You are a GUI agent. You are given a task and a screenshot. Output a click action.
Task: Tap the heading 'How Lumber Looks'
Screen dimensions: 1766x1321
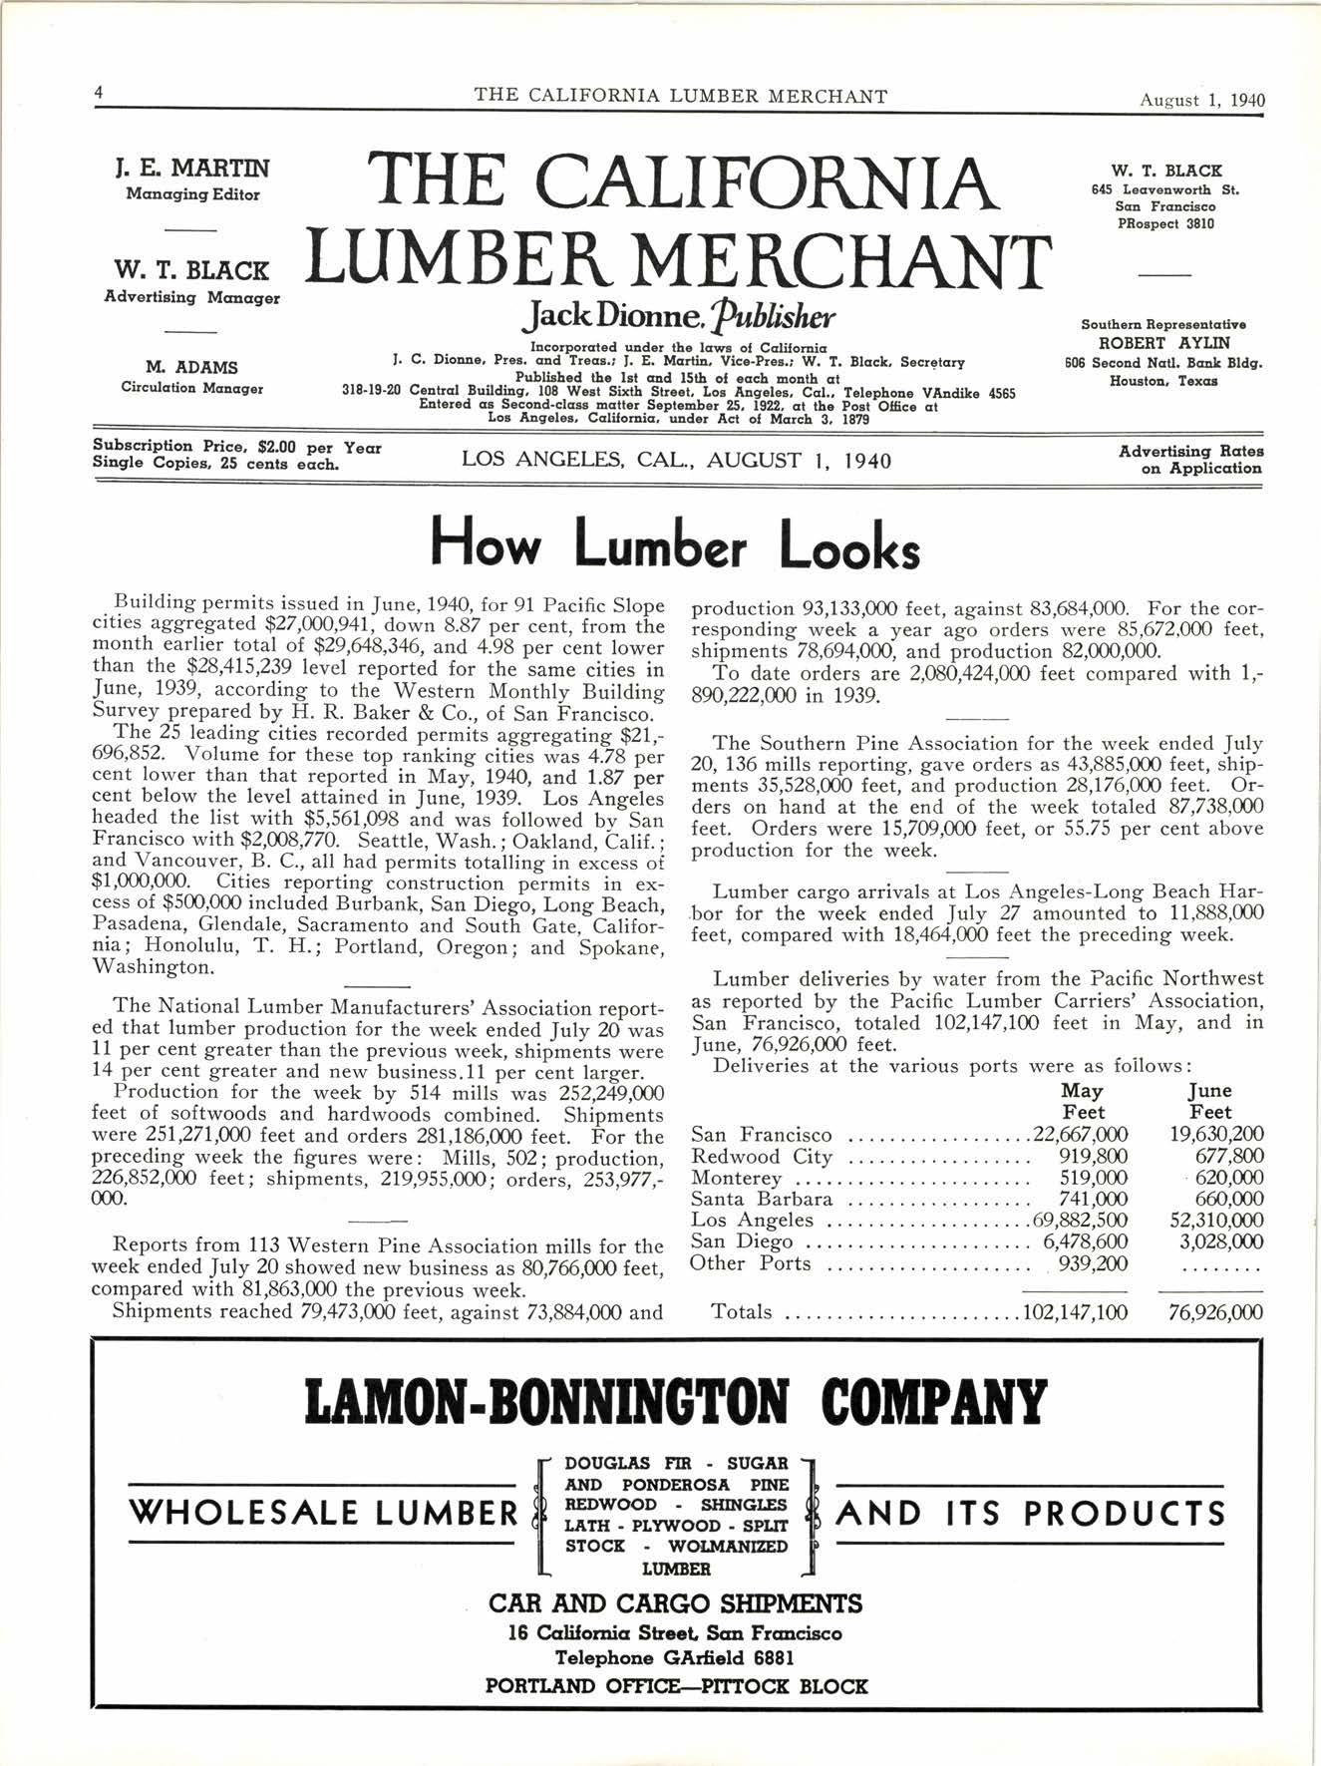pos(674,546)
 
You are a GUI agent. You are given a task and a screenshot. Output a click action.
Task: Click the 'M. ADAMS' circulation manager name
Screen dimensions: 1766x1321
pos(191,368)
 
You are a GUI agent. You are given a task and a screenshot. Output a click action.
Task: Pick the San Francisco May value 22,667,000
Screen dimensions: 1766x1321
pos(1081,1135)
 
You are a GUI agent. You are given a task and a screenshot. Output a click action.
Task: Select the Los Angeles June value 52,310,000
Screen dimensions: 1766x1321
pos(1216,1221)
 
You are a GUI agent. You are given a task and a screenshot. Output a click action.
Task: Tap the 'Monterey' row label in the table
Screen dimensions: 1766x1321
pos(736,1178)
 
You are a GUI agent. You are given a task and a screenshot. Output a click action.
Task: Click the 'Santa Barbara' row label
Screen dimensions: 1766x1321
pos(761,1199)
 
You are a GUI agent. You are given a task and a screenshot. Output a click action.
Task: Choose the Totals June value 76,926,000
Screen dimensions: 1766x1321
pos(1215,1311)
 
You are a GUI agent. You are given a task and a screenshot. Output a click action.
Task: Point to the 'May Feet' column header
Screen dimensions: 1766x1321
pos(1083,1101)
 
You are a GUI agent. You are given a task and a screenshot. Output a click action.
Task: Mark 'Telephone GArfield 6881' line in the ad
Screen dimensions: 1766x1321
pos(675,1658)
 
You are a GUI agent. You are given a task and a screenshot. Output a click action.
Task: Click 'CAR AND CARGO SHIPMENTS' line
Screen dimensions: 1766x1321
pos(675,1603)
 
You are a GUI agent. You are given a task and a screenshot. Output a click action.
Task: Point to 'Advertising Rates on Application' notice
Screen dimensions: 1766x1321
pos(1189,460)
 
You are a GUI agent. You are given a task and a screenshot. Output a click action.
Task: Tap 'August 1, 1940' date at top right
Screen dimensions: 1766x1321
pos(1202,100)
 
